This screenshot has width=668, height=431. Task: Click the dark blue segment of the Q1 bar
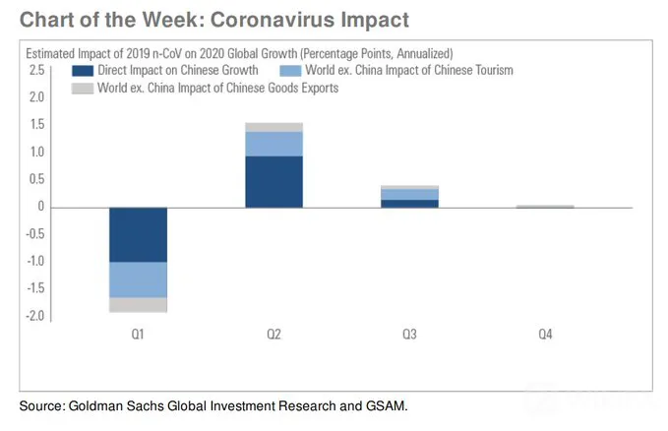click(138, 235)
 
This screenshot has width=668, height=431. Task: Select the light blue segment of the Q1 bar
click(138, 279)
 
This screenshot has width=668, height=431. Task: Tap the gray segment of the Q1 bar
click(138, 305)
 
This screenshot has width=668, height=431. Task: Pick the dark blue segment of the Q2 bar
click(273, 182)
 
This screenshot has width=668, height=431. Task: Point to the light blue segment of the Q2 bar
click(273, 144)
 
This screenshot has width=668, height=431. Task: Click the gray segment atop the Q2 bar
click(273, 127)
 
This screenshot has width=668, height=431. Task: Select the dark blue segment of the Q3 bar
click(409, 204)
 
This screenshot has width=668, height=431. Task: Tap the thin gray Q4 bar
click(545, 207)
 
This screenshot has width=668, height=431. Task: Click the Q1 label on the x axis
click(138, 334)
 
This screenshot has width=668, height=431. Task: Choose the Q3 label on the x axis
click(409, 334)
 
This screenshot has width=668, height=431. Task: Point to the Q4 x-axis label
click(545, 334)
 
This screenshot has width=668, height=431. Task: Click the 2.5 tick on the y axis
click(36, 70)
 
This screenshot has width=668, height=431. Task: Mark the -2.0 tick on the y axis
click(35, 316)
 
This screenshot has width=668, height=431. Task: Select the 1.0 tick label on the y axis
click(36, 152)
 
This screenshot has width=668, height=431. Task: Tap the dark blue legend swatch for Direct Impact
click(83, 71)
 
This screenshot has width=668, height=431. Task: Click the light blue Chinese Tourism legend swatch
click(290, 71)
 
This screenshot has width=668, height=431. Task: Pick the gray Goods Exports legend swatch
click(83, 89)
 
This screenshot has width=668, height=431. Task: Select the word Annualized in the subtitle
click(425, 54)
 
